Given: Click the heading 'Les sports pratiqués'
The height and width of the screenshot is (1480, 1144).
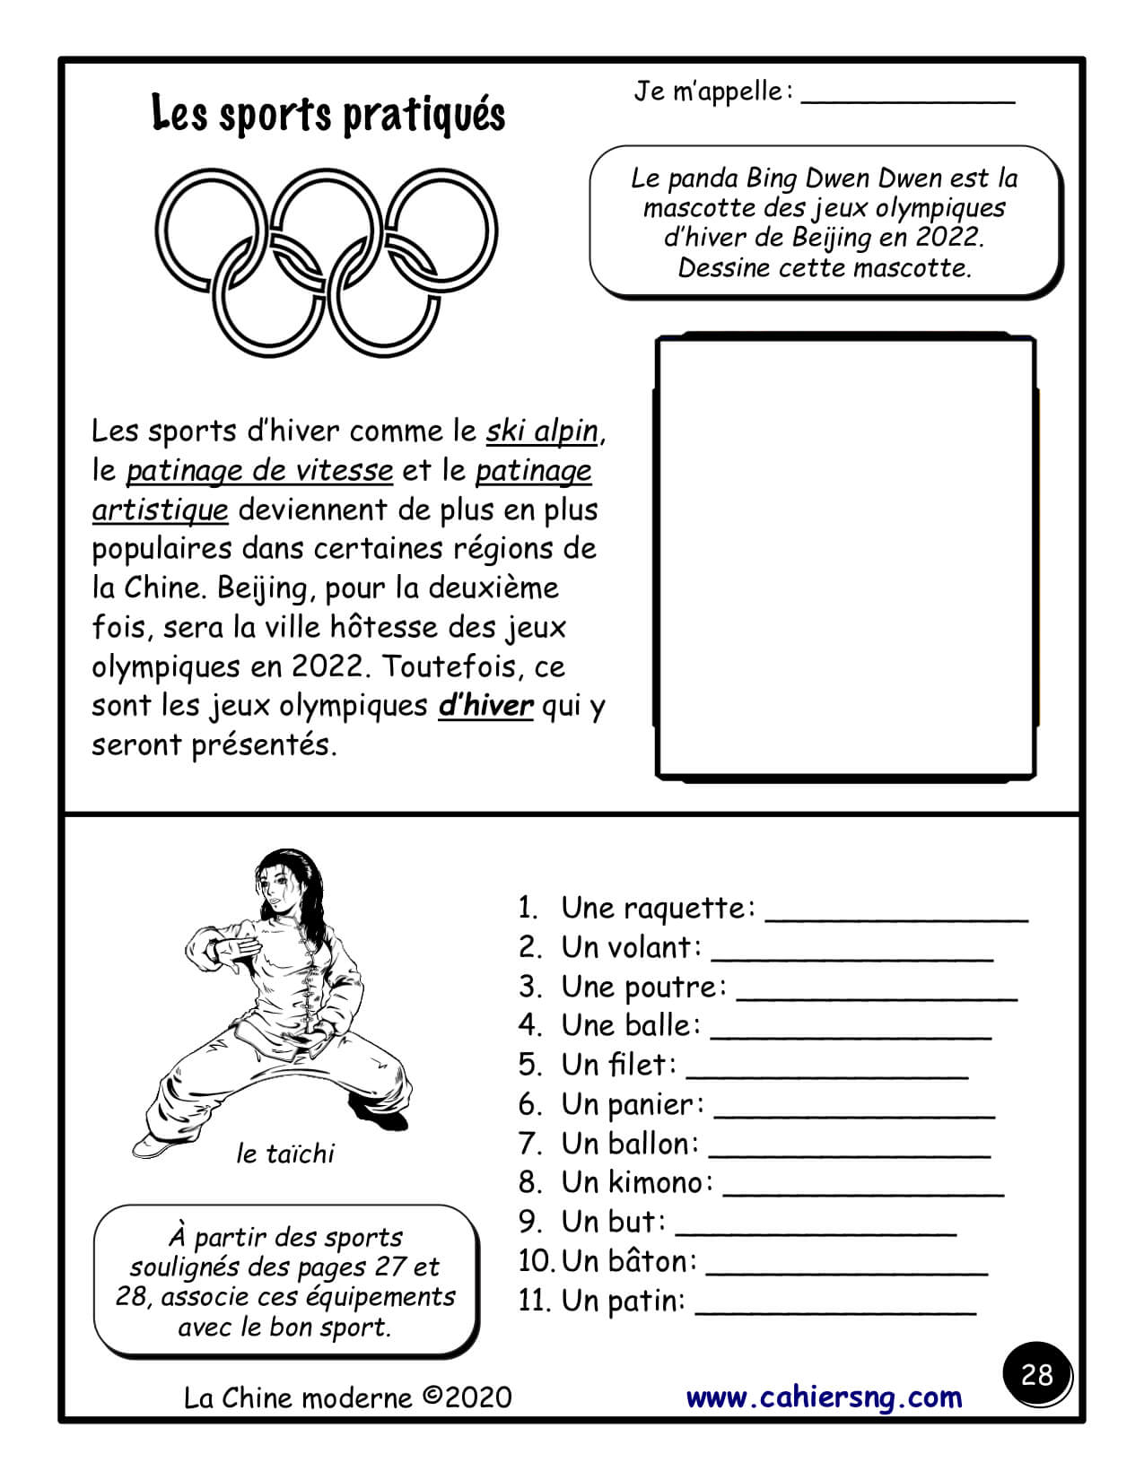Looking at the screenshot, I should coord(328,114).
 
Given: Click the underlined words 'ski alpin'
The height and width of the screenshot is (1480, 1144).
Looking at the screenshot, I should coord(542,431).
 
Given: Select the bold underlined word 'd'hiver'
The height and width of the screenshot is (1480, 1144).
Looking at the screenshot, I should coord(485,706).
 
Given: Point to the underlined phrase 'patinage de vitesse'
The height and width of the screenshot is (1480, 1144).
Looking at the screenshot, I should coord(259,471).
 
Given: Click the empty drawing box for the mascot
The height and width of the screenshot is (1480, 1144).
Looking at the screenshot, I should coord(845,556).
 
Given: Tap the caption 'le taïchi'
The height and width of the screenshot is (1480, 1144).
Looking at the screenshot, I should coord(284,1154).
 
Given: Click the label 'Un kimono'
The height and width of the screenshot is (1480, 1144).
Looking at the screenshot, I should coord(636,1183).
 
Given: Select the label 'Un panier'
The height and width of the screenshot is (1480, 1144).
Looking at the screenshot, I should coord(632,1105).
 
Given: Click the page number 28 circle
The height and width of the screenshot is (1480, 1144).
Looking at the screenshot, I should coord(1036,1375).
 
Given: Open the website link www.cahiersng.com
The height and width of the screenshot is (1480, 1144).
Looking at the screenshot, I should coord(824,1397).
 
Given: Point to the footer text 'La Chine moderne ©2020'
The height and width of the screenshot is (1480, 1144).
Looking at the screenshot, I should coord(347,1397).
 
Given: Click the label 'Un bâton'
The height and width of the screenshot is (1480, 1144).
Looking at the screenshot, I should coord(628,1261).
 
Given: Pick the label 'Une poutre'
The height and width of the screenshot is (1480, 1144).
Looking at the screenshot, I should coord(642,987).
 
